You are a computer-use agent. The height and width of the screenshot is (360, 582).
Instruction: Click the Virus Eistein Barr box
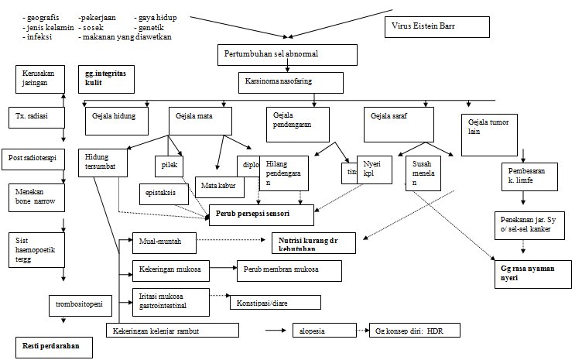tap(436, 26)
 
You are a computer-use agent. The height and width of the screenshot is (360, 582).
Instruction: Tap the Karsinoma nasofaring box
tap(289, 83)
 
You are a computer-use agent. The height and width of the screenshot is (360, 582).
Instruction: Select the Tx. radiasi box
tap(33, 117)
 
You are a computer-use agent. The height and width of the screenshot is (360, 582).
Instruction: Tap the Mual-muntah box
tap(164, 242)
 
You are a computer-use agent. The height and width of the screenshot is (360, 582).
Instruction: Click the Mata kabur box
tap(220, 187)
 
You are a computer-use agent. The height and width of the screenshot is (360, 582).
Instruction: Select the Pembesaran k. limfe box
tap(529, 176)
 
